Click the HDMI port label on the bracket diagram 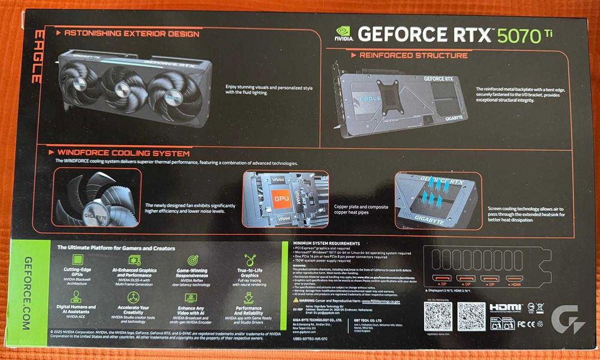coord(515,283)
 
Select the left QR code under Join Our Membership coord(437,316)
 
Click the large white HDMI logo coord(506,307)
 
